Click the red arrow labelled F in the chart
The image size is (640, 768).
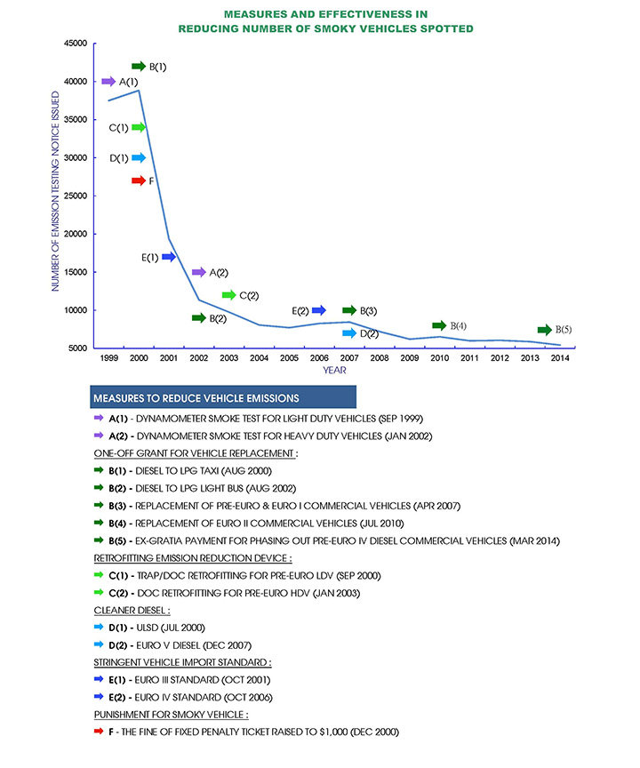tap(138, 180)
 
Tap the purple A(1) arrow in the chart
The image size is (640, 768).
tap(108, 82)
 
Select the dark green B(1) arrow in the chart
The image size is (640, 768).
tap(139, 66)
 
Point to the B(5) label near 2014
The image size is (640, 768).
tap(564, 330)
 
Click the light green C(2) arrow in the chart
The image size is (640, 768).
tap(228, 295)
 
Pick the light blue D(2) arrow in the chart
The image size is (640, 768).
tap(348, 333)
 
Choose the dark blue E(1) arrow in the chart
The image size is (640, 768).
tap(169, 257)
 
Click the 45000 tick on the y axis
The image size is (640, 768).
tap(74, 44)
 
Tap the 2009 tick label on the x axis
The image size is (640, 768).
tap(409, 358)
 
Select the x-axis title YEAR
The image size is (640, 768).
tap(335, 370)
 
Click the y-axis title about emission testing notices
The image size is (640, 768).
tap(55, 196)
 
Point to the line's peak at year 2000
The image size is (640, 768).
tap(139, 91)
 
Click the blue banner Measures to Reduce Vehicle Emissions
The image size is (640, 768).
tap(223, 397)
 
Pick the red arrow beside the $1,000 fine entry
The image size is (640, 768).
tap(98, 732)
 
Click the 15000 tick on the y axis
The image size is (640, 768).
tap(74, 272)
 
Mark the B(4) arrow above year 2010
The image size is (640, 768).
tap(438, 326)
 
